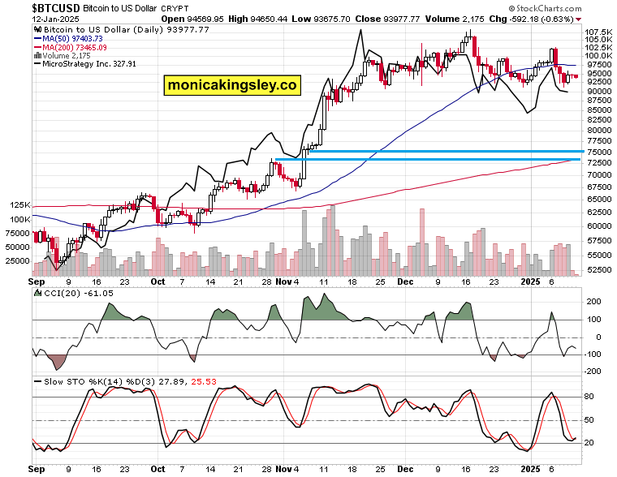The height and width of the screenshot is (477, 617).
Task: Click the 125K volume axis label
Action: click(19, 206)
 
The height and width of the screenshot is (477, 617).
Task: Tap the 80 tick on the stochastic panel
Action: click(589, 397)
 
